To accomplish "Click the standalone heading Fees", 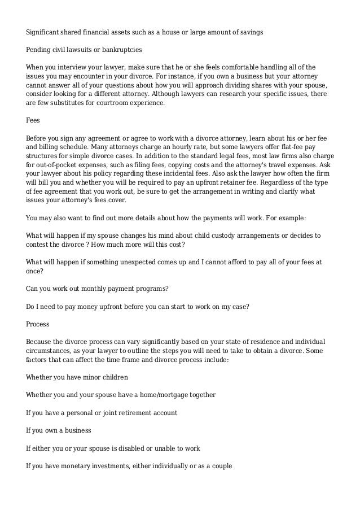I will (x=34, y=120).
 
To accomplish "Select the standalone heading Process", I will (x=38, y=325).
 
